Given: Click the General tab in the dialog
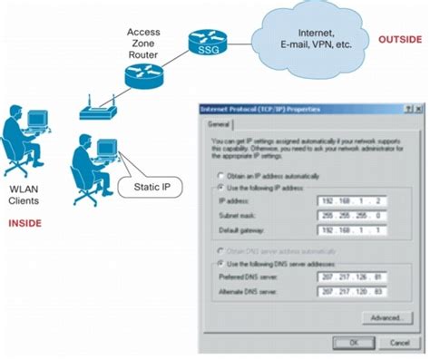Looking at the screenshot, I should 218,123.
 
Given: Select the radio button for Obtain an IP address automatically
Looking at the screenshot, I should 220,174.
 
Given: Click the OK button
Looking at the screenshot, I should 357,343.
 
